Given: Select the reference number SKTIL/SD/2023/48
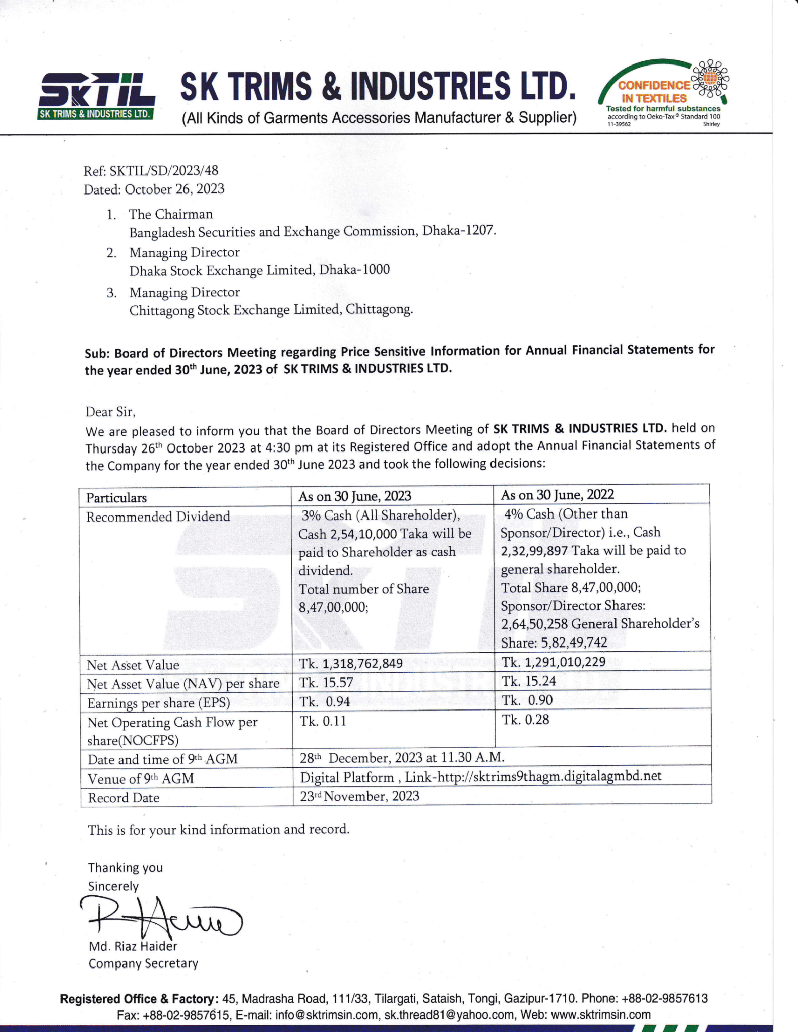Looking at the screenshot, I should pos(164,171).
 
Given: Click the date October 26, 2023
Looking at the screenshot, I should pos(174,189).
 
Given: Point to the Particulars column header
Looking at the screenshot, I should pos(116,498).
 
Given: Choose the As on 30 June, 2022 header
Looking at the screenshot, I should pos(557,495).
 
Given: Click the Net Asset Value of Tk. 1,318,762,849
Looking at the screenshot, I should pos(351,663).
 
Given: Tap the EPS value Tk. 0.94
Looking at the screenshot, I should pos(325,701).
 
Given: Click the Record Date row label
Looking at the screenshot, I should pos(124,798).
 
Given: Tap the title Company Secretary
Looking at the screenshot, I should pos(143,963).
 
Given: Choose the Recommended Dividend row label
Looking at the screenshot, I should pos(158,517).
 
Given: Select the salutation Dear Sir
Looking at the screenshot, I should pos(110,412).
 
